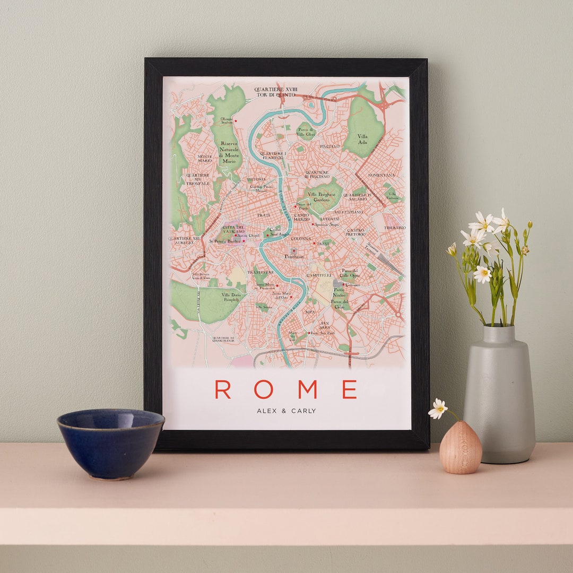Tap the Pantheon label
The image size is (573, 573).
pyautogui.click(x=295, y=256)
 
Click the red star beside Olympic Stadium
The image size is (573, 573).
pyautogui.click(x=236, y=121)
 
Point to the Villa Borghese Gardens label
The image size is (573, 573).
pyautogui.click(x=322, y=197)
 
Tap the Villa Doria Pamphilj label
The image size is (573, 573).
pyautogui.click(x=231, y=297)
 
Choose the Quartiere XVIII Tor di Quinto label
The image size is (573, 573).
pyautogui.click(x=275, y=92)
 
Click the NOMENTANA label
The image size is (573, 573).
pyautogui.click(x=381, y=175)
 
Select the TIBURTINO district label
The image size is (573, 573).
pyautogui.click(x=395, y=228)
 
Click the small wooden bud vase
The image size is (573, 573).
pyautogui.click(x=461, y=448)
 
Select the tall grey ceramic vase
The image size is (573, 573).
pyautogui.click(x=499, y=395)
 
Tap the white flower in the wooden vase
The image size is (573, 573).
pyautogui.click(x=438, y=409)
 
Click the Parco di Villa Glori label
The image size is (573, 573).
pyautogui.click(x=306, y=132)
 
